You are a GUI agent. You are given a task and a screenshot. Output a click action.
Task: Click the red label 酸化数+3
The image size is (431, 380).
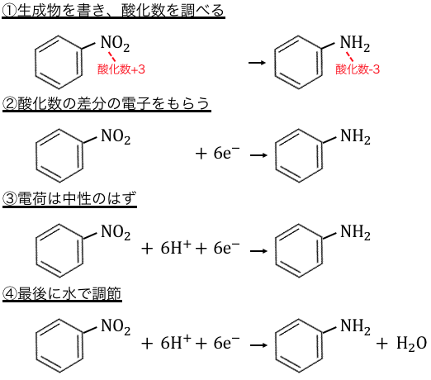(121, 69)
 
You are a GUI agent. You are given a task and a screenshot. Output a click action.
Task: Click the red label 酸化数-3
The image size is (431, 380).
(358, 69)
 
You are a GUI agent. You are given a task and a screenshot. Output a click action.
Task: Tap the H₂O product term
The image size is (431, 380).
(411, 344)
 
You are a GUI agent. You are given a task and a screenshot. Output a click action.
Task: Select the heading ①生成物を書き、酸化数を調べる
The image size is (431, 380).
(113, 11)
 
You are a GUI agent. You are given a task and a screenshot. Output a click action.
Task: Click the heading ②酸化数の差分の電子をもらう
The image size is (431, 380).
(107, 104)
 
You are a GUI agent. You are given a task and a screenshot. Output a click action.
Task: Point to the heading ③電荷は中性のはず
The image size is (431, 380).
(69, 199)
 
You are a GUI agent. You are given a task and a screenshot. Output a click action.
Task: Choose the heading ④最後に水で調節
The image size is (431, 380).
(62, 293)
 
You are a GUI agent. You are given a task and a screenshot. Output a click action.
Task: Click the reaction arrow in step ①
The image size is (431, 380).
(257, 63)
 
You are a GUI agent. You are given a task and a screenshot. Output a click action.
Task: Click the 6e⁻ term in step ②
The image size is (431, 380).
(226, 153)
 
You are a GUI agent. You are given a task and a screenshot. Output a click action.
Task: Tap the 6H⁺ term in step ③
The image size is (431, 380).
(176, 248)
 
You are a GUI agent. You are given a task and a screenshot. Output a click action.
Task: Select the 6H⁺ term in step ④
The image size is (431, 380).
(176, 343)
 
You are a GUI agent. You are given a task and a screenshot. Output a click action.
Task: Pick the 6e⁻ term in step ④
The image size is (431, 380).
(226, 343)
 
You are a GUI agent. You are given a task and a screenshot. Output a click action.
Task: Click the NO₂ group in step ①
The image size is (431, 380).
(115, 44)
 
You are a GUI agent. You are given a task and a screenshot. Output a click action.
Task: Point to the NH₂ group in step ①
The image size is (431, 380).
(355, 44)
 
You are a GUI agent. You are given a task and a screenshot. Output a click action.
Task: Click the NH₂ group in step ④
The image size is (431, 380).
(355, 327)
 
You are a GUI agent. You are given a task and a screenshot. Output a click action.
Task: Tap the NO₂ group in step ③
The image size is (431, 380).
(116, 232)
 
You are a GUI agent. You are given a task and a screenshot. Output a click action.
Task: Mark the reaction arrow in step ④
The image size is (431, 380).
(258, 345)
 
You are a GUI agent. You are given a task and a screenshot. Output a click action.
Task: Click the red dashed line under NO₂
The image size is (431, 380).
(111, 57)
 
